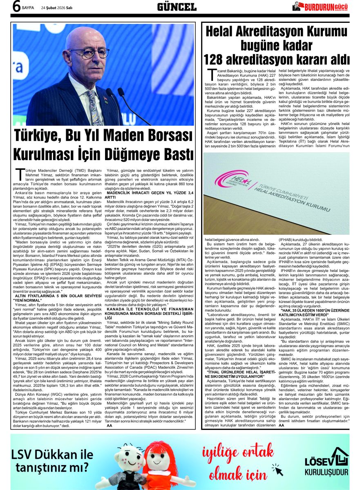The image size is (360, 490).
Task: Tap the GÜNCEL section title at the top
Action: (x=177, y=7)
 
